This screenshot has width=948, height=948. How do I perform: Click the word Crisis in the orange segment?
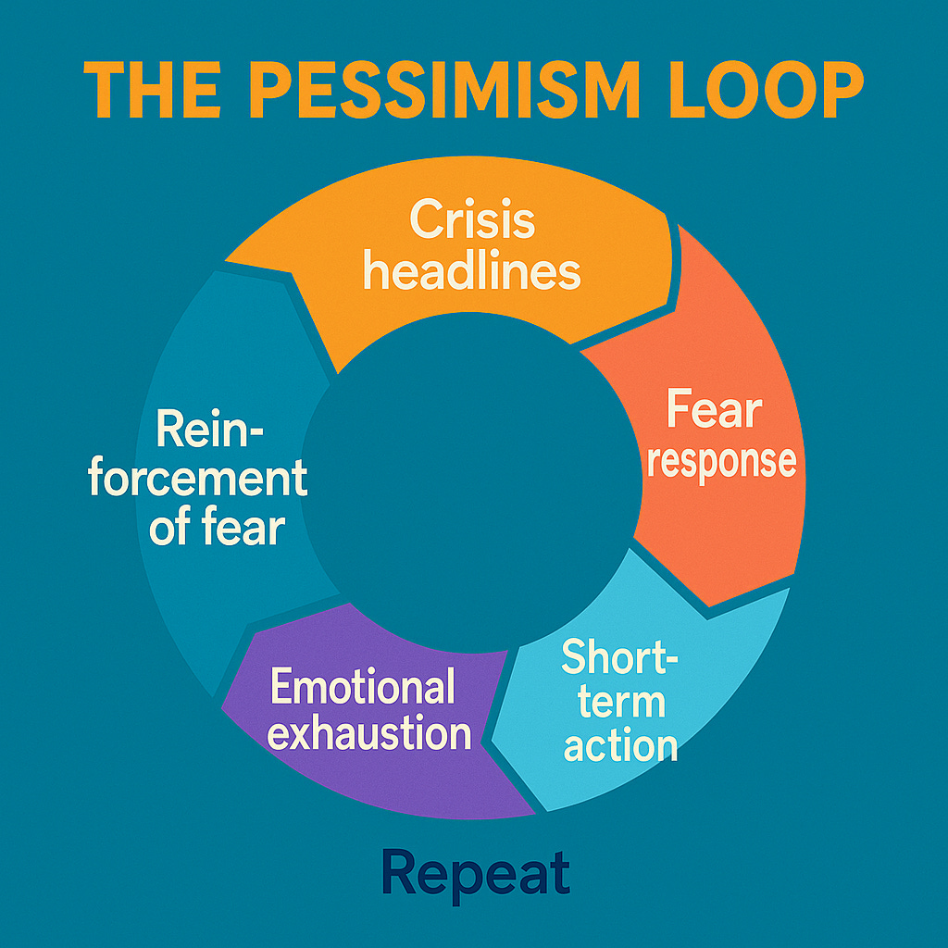472,221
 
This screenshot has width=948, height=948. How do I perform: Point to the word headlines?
472,271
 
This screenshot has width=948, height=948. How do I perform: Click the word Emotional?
362,688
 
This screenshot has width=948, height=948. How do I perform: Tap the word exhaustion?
369,734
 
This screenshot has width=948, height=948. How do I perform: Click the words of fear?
216,528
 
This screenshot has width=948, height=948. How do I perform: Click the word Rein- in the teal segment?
210,430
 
